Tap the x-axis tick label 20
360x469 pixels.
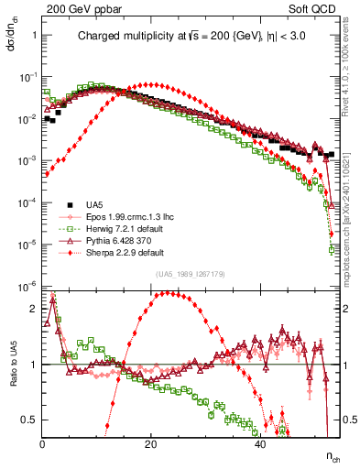151,443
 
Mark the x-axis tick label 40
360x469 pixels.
260,443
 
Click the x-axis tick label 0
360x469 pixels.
43,443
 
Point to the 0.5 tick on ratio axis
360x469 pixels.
28,420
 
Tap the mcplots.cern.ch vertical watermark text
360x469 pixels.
352,211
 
